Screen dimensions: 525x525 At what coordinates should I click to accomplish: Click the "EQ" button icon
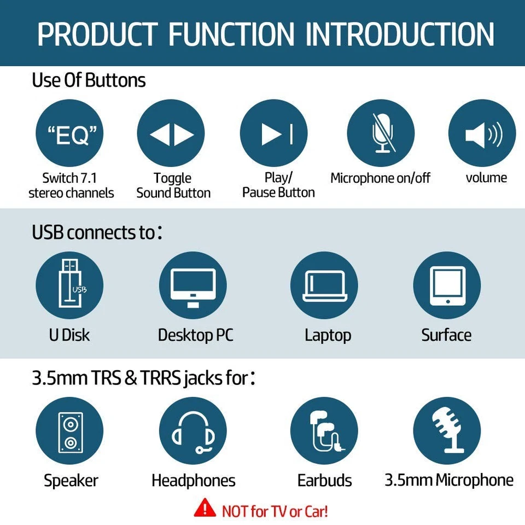[69, 133]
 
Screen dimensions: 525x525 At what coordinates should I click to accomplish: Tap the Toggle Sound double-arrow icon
[171, 133]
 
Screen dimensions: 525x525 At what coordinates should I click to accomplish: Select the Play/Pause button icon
[274, 133]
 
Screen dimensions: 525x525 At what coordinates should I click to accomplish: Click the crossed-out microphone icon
[381, 133]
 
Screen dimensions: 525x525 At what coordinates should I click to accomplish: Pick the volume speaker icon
[482, 133]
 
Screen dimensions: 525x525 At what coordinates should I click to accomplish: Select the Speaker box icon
[69, 430]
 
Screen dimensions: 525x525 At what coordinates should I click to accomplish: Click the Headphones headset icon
[192, 430]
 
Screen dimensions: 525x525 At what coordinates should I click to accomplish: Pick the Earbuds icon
[324, 430]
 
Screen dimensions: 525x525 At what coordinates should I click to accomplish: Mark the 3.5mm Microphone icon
[447, 430]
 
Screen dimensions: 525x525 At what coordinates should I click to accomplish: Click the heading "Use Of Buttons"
[89, 81]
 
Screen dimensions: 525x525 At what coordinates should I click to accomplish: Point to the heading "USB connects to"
[94, 232]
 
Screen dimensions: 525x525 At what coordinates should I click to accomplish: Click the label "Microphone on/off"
[381, 178]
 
